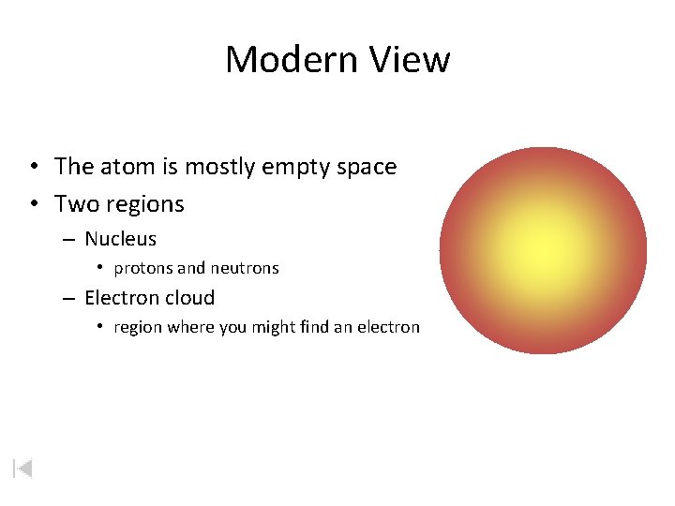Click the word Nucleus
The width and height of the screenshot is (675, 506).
point(120,239)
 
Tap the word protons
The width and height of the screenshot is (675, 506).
point(143,268)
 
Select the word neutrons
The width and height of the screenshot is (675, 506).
point(245,268)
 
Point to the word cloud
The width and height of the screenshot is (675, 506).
point(190,298)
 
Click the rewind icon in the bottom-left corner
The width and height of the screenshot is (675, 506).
point(22,468)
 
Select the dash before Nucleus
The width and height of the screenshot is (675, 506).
point(69,240)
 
